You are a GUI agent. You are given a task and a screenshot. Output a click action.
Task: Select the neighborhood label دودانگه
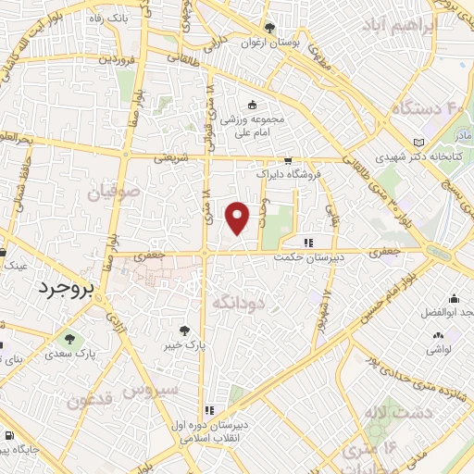[239, 302]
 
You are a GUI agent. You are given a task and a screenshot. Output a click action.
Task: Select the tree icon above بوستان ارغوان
[269, 28]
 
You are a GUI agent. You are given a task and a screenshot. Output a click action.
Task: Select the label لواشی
[439, 350]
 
